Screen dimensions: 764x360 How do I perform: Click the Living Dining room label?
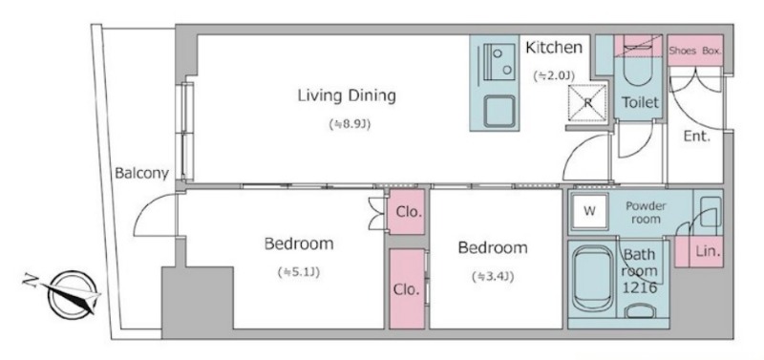click(x=347, y=95)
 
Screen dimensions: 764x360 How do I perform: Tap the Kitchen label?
click(x=554, y=47)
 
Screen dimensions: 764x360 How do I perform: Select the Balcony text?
click(x=141, y=173)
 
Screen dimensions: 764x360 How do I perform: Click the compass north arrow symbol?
click(x=74, y=294)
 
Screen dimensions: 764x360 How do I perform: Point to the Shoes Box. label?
click(x=695, y=51)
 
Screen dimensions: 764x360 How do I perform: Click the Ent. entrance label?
click(x=697, y=137)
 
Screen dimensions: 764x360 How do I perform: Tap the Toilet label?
click(x=640, y=102)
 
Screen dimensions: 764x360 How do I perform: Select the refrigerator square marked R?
click(x=588, y=102)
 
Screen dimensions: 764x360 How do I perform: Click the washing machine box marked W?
click(x=589, y=211)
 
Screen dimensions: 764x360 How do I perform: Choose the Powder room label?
click(x=646, y=212)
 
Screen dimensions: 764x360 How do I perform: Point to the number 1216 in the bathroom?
click(x=640, y=287)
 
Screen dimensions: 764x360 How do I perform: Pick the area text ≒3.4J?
click(x=493, y=277)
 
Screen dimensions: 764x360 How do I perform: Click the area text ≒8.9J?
click(x=350, y=124)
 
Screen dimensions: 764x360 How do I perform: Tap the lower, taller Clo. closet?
click(x=408, y=289)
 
